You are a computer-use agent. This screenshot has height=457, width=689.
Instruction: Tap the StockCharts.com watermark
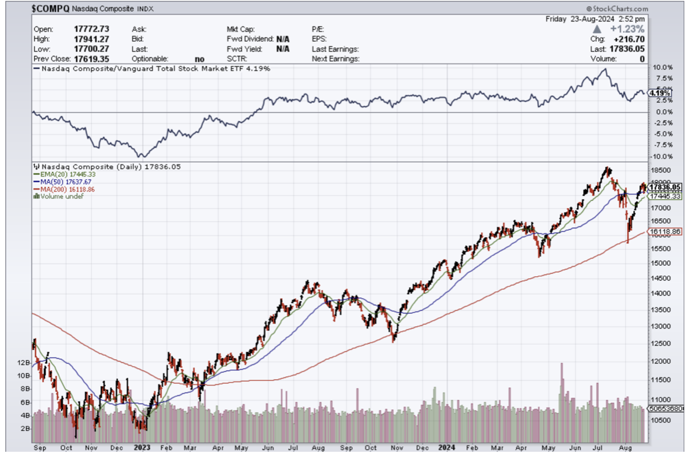(x=617, y=9)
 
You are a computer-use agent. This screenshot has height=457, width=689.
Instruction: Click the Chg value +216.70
(x=629, y=39)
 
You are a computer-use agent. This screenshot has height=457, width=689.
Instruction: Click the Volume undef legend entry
(x=60, y=196)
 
